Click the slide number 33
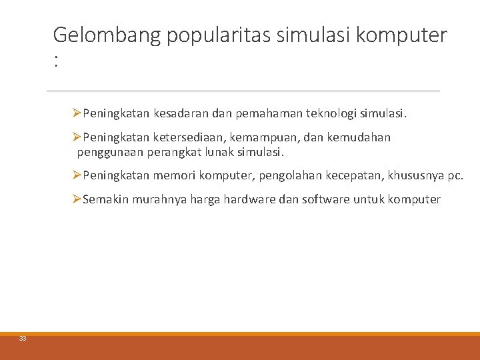point(23,339)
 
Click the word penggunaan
point(106,152)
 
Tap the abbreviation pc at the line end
point(454,176)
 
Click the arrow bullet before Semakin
point(77,199)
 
